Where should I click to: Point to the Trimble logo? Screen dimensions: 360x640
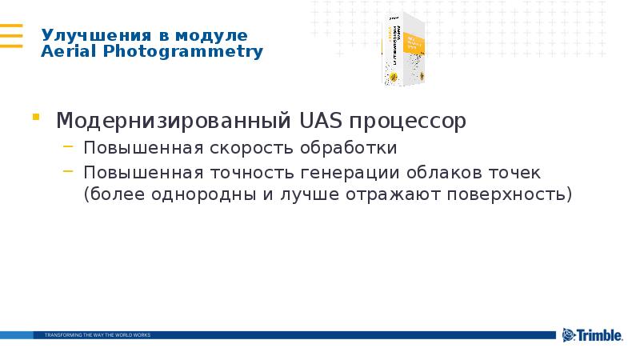click(592, 335)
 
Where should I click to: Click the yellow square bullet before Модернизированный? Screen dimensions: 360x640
click(36, 118)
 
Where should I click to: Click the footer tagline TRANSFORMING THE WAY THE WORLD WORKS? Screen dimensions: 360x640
click(97, 334)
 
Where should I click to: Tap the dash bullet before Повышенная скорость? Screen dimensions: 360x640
click(70, 149)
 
